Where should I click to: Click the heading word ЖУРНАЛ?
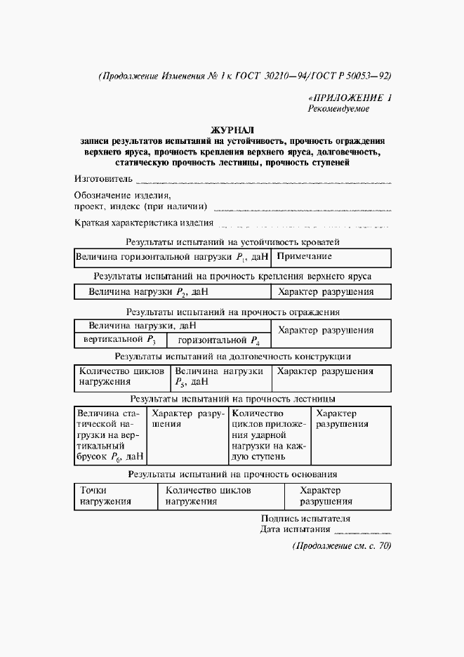(232, 130)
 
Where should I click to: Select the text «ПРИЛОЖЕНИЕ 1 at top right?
(350, 98)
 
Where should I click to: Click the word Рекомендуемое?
(338, 109)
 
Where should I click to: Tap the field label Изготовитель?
(103, 179)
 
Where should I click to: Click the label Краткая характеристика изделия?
(144, 223)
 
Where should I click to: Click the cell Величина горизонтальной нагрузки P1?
(172, 258)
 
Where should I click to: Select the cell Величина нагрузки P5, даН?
(220, 376)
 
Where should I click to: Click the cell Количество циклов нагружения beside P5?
(122, 376)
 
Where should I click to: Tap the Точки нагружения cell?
(106, 496)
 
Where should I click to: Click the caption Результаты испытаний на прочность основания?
(232, 474)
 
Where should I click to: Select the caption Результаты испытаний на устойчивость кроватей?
(232, 242)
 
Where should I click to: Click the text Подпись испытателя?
(305, 519)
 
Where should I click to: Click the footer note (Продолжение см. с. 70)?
(341, 546)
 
